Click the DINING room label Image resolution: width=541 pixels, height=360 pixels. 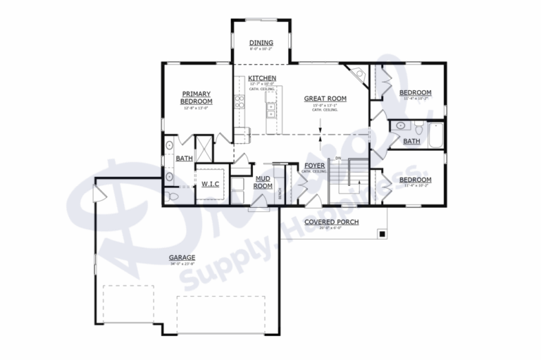(261, 43)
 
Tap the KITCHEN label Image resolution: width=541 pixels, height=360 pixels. (261, 77)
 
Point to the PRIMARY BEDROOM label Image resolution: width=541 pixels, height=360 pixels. (197, 97)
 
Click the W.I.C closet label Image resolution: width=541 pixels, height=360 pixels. (211, 185)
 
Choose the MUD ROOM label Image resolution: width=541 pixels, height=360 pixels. (263, 182)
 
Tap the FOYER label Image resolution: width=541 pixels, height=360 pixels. (313, 166)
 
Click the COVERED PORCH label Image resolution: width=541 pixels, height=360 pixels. (331, 222)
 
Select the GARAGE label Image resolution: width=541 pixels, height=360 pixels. (182, 257)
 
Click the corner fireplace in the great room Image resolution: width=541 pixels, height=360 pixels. (359, 74)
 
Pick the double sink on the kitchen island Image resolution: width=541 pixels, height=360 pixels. (270, 110)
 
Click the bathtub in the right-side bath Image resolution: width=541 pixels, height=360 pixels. (436, 135)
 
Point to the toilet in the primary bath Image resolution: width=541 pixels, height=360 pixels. (172, 196)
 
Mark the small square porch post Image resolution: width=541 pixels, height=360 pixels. (381, 233)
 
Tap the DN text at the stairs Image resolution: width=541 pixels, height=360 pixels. (338, 158)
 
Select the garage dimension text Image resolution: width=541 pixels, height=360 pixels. (182, 265)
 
